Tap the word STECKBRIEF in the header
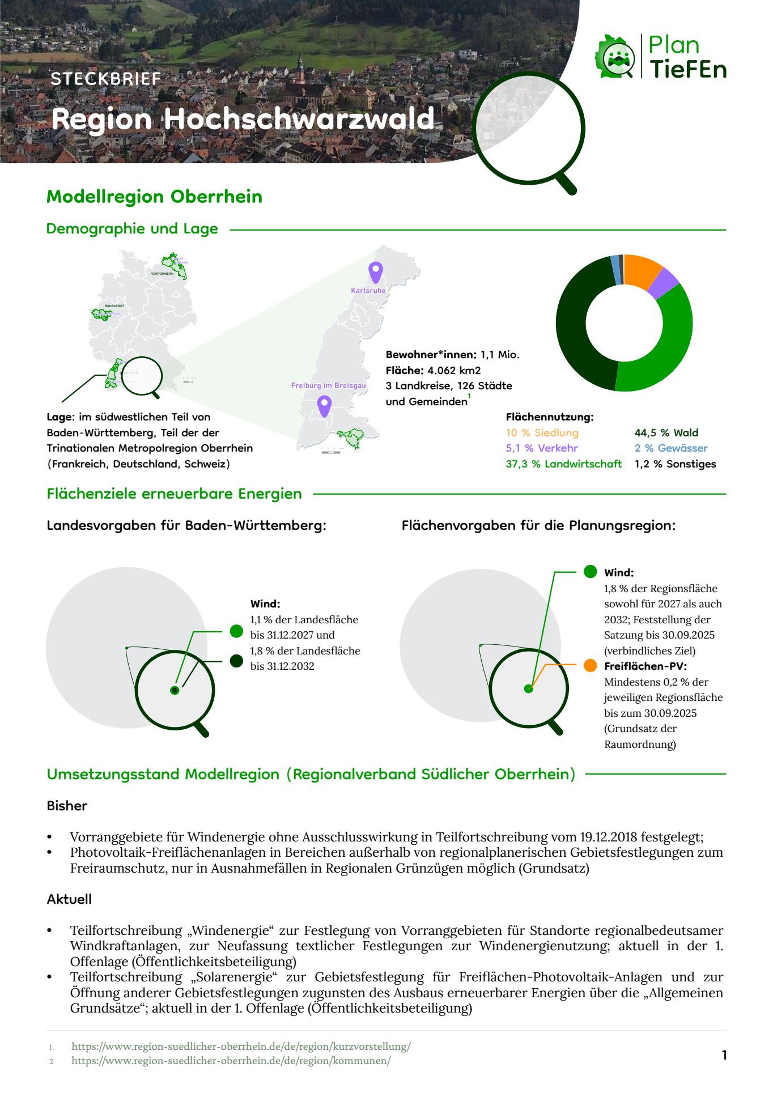pos(106,79)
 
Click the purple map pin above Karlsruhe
pos(375,271)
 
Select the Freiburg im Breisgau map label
pos(328,386)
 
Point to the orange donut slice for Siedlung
pos(643,270)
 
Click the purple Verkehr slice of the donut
pos(664,283)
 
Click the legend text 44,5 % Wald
pos(666,433)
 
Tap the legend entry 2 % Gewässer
pos(671,448)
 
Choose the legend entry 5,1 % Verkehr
pos(542,448)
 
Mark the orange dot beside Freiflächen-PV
pos(590,666)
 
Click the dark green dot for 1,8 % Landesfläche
pos(237,661)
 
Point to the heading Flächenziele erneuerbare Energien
pos(174,494)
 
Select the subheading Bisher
pos(67,806)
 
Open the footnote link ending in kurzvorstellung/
pos(241,1047)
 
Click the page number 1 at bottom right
pos(724,1054)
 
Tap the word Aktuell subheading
pos(69,899)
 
